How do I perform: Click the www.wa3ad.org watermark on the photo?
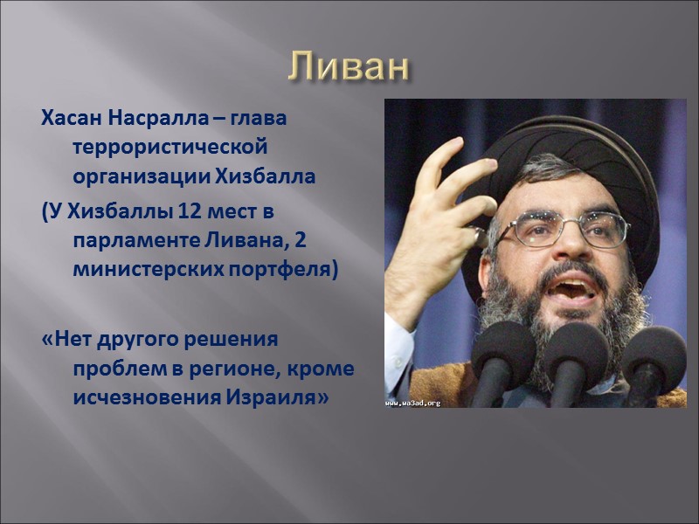click(x=413, y=403)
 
